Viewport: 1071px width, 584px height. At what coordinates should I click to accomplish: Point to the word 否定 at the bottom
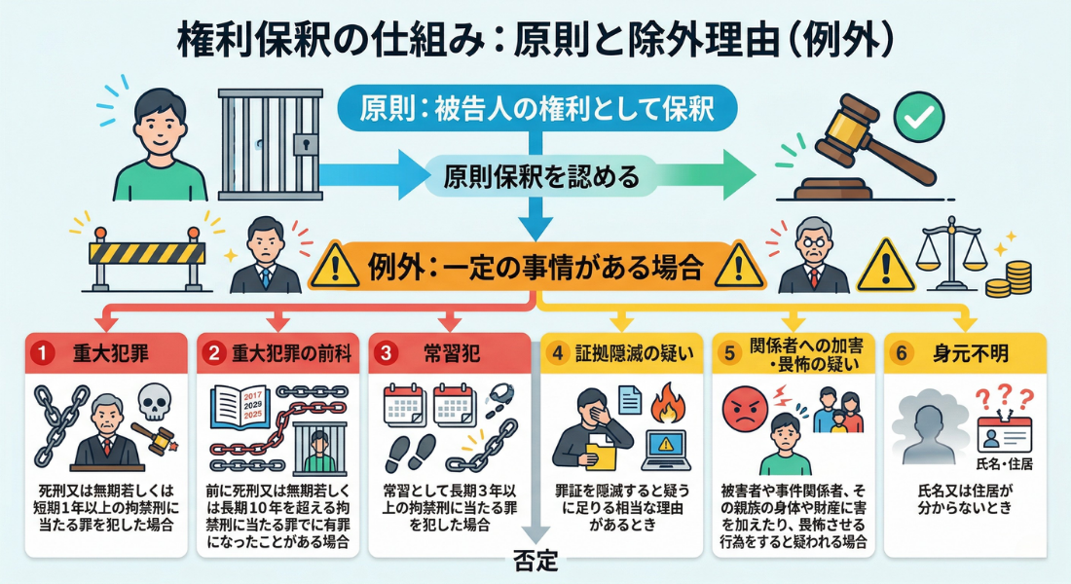[535, 562]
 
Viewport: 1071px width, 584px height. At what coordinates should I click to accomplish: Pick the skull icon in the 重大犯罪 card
[154, 401]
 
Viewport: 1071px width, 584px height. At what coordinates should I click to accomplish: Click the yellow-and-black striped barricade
[146, 255]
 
